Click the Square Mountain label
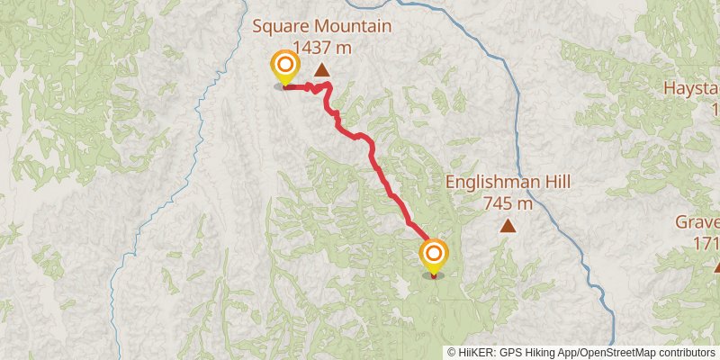coord(322,25)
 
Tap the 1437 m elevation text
coord(322,47)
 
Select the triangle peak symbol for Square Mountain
coord(321,69)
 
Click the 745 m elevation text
coord(508,203)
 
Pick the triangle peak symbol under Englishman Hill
coord(508,226)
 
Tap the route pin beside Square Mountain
coord(285,66)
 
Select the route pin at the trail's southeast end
coord(434,254)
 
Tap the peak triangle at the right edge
coord(716,266)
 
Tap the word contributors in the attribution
coord(686,352)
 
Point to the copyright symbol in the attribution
coord(452,352)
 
